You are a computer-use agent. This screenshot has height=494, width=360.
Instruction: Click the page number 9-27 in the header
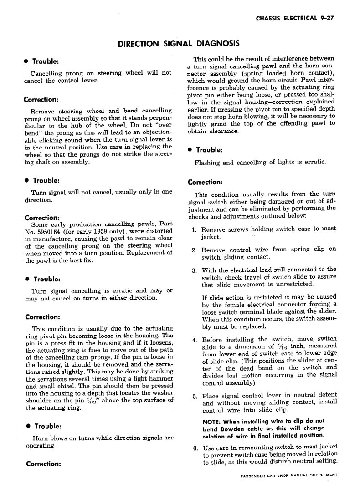pos(327,18)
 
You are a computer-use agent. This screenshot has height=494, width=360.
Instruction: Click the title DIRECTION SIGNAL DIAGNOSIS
pos(179,44)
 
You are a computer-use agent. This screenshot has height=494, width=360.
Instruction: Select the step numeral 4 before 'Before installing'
pos(194,339)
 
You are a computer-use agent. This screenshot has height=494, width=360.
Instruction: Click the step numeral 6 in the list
pos(194,448)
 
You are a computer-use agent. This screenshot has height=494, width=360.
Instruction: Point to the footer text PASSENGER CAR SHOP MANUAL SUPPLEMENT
pos(288,476)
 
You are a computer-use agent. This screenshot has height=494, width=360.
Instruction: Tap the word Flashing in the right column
pos(208,163)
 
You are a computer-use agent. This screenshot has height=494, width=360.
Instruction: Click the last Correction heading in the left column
pos(44,464)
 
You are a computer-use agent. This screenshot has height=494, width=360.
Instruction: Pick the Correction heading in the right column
pos(206,183)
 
